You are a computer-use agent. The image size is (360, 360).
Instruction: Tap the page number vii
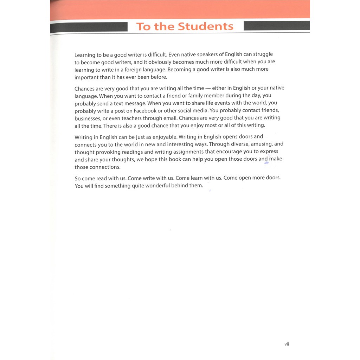pos(287,344)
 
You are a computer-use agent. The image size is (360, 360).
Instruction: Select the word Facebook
pos(145,111)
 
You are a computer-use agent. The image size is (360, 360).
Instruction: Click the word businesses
pos(88,118)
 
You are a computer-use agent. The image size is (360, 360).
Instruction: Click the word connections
pos(105,167)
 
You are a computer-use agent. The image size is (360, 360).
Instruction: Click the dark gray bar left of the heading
pos(89,27)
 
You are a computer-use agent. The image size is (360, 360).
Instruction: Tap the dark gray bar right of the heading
pos(277,26)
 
